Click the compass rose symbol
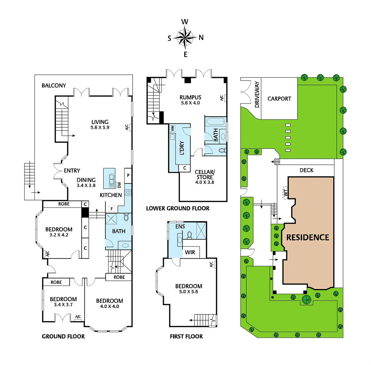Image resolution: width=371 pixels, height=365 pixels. tap(185, 38)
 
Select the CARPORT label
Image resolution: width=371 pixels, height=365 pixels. tap(279, 99)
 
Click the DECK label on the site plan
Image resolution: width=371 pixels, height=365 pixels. tap(307, 170)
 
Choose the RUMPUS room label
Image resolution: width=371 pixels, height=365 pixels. tap(190, 97)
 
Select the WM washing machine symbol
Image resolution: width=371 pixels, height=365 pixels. tap(173, 128)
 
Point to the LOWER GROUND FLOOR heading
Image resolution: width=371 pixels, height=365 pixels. tap(178, 208)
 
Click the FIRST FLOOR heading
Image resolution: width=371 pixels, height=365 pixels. tap(187, 336)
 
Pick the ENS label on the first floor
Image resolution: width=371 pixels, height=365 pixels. tap(180, 226)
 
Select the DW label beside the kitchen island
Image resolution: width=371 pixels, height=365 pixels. tap(120, 185)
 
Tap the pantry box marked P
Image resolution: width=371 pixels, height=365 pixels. tap(128, 175)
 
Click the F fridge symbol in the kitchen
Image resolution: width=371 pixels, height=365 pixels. tap(111, 209)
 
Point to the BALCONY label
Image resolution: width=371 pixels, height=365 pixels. tap(54, 86)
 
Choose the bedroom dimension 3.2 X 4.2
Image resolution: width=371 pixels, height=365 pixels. tap(59, 235)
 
